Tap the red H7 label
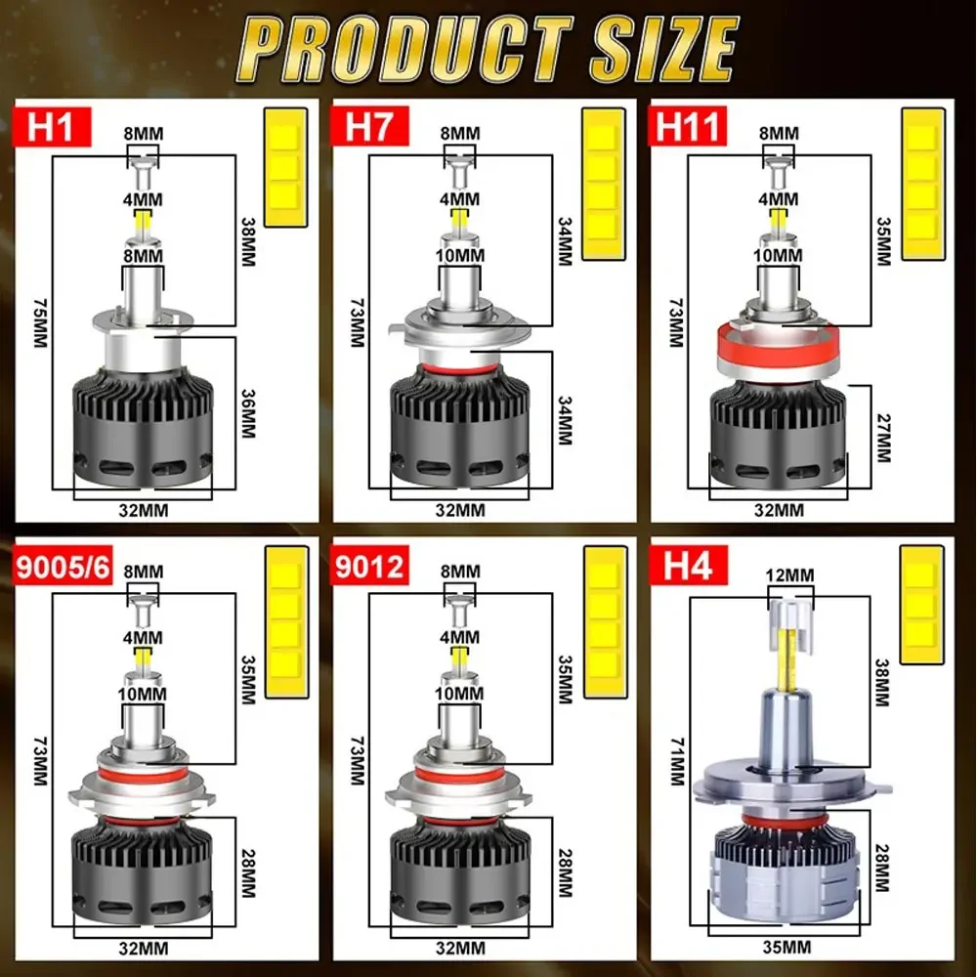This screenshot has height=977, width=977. (369, 126)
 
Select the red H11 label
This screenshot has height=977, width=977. (689, 126)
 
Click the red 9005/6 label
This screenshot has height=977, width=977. (63, 567)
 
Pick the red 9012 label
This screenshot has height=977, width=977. (369, 566)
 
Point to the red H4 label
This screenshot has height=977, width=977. (689, 566)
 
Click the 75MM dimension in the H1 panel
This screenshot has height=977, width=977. (40, 322)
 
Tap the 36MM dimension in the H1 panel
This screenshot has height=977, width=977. (248, 413)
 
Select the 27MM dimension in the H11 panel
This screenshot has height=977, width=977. (883, 438)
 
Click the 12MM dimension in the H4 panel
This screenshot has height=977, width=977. (789, 574)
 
